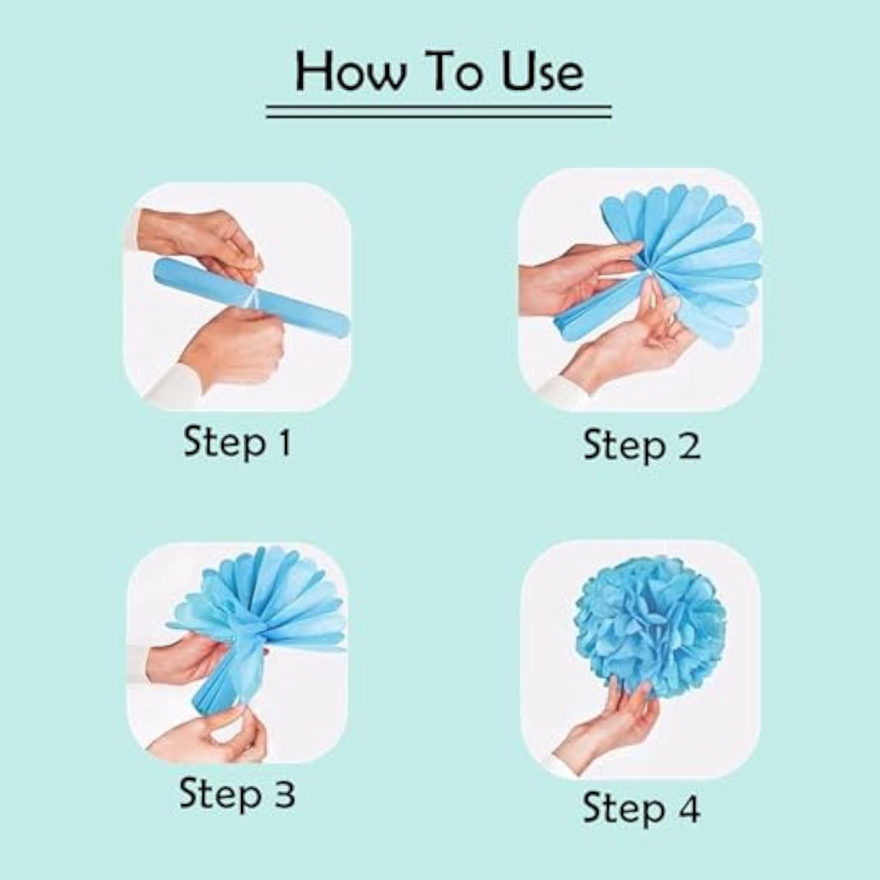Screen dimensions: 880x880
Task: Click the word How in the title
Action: (x=350, y=72)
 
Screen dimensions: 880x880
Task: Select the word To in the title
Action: (x=454, y=72)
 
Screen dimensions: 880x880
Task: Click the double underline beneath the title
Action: (x=439, y=111)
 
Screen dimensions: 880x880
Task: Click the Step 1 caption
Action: (x=237, y=442)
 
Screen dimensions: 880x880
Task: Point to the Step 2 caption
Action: (x=642, y=446)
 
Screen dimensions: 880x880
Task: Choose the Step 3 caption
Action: (x=237, y=794)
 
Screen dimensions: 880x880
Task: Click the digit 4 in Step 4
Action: (x=688, y=808)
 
